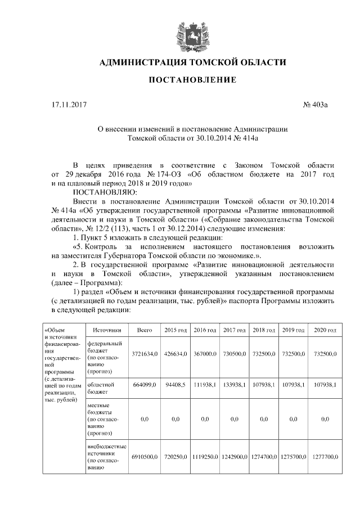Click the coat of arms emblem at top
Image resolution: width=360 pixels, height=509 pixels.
179,33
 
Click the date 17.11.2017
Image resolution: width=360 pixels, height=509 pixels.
67,105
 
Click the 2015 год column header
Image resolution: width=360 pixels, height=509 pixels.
175,330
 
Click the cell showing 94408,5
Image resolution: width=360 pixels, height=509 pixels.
175,385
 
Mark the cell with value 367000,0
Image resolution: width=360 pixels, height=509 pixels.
205,355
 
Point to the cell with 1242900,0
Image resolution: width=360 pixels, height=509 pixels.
235,459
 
